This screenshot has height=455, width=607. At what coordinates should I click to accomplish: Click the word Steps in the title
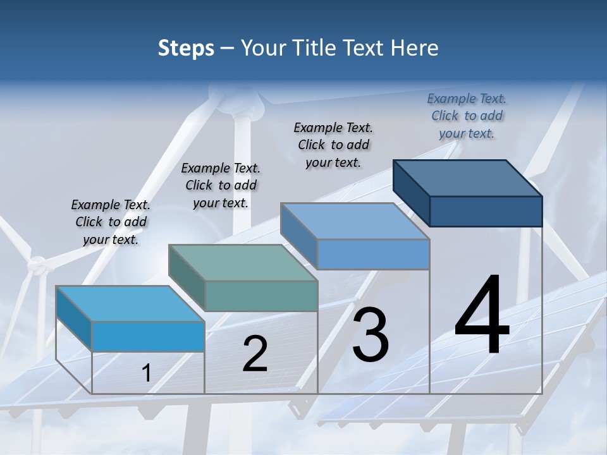(186, 48)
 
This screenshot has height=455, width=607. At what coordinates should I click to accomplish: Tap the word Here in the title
(415, 48)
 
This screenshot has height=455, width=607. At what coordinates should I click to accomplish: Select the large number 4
(482, 316)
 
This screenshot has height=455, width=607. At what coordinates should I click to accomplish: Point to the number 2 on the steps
(255, 355)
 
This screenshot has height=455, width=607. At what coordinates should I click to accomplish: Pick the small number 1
(146, 373)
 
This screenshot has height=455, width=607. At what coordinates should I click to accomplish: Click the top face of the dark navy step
(468, 178)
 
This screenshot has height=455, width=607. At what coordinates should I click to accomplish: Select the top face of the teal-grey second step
(243, 263)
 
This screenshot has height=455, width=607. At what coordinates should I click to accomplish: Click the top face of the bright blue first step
(130, 304)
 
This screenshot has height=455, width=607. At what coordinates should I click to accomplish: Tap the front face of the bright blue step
(148, 336)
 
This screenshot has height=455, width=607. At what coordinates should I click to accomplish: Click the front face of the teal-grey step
(261, 296)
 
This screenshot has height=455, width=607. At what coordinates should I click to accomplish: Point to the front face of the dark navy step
(486, 211)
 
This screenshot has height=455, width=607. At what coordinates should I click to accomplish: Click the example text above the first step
(111, 222)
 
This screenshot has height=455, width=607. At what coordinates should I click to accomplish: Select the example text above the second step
(221, 185)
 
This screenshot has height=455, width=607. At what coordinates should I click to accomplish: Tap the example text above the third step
(333, 145)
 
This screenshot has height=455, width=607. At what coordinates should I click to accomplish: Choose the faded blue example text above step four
(467, 116)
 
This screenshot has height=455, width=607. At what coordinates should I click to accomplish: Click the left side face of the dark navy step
(411, 193)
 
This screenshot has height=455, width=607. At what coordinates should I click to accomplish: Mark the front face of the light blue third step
(373, 255)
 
